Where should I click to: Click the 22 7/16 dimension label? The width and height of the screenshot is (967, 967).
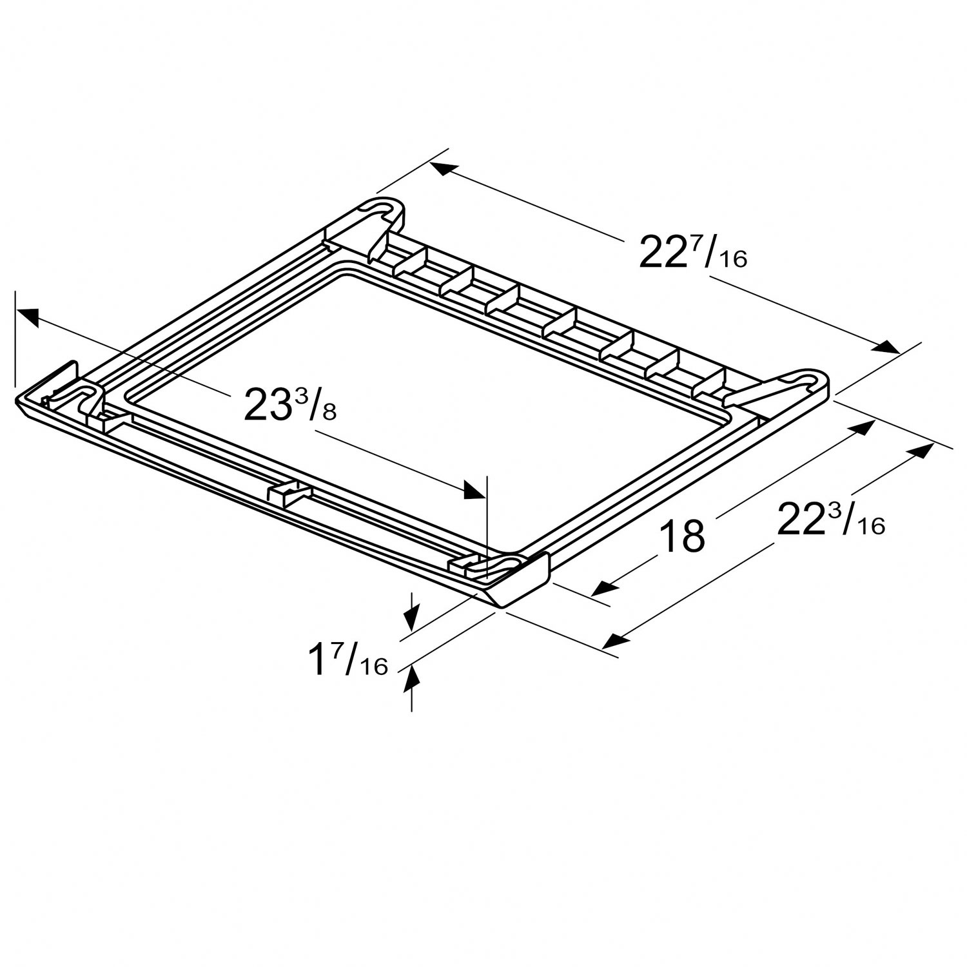(692, 253)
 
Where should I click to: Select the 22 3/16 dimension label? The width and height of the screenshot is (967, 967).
(830, 520)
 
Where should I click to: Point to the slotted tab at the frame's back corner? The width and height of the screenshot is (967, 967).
(387, 213)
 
